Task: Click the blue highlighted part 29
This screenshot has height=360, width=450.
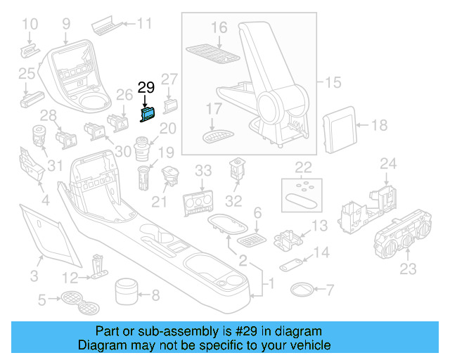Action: click(x=150, y=114)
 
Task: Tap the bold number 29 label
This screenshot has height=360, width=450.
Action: click(x=146, y=88)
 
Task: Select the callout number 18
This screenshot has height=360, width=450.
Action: click(x=379, y=126)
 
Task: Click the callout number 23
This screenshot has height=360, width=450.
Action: click(x=408, y=269)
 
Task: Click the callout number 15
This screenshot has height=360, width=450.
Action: click(x=333, y=84)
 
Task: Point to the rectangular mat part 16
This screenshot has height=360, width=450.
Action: click(x=213, y=51)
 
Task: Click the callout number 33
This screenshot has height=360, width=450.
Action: click(x=203, y=170)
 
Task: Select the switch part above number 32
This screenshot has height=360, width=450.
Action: click(x=237, y=170)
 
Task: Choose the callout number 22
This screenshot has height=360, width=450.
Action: click(x=303, y=167)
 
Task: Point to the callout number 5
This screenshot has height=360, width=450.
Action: click(x=42, y=300)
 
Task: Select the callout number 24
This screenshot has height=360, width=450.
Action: click(x=389, y=165)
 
